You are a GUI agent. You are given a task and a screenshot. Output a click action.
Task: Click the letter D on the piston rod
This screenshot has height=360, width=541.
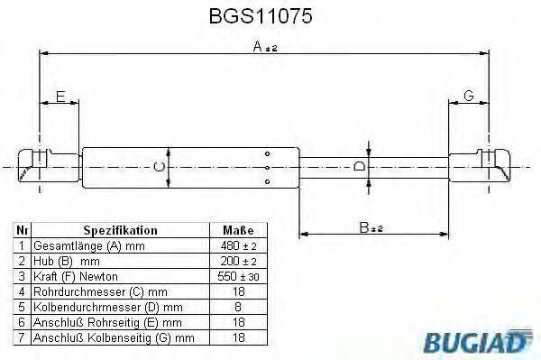coord(358,167)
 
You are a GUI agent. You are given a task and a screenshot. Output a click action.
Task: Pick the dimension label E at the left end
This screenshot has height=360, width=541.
coord(60,97)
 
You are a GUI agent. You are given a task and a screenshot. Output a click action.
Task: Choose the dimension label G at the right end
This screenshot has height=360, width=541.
coord(469,97)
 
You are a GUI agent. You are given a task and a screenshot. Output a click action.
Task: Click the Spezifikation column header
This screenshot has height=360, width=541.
coord(120,230)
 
